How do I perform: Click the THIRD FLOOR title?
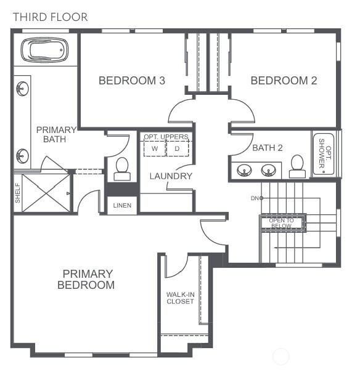point(51,17)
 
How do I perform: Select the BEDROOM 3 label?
point(132,81)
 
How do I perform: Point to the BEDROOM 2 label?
point(284,81)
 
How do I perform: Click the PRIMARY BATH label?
point(56,134)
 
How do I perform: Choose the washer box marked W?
point(155,149)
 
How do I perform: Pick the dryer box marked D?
point(178,149)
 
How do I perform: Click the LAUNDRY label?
point(171,176)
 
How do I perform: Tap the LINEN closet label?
point(122,205)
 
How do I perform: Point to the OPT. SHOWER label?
point(324,155)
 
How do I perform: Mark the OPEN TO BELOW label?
point(282,223)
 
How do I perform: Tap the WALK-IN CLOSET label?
point(180,297)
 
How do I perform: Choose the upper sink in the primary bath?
point(22,89)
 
